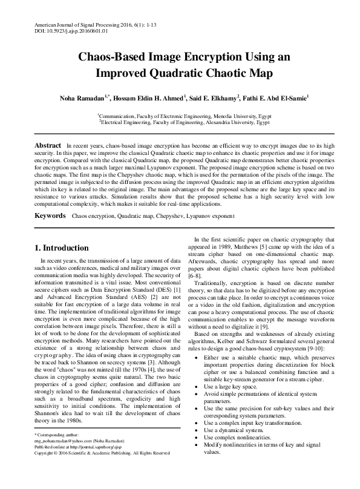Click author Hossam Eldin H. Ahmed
[148, 97]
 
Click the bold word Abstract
[47, 146]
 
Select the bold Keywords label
[50, 215]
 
